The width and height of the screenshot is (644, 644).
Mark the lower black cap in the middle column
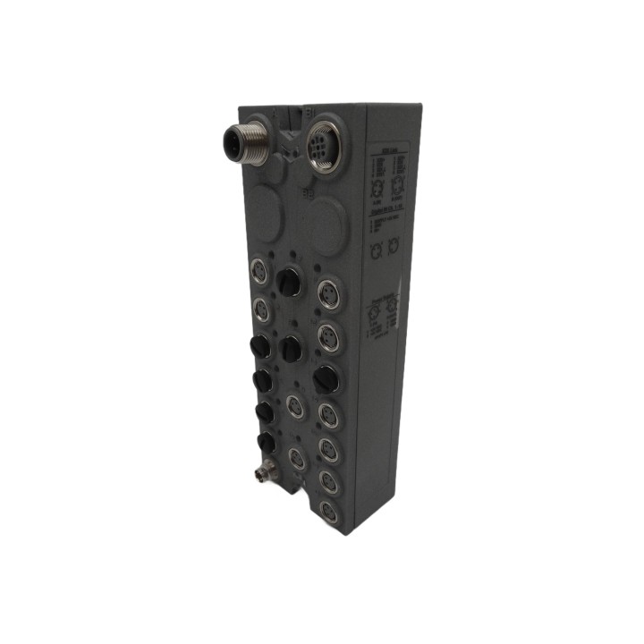pos(292,348)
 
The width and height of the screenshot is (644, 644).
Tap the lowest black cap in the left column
pos(265,442)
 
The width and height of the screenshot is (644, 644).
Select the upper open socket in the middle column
pos(294,405)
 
